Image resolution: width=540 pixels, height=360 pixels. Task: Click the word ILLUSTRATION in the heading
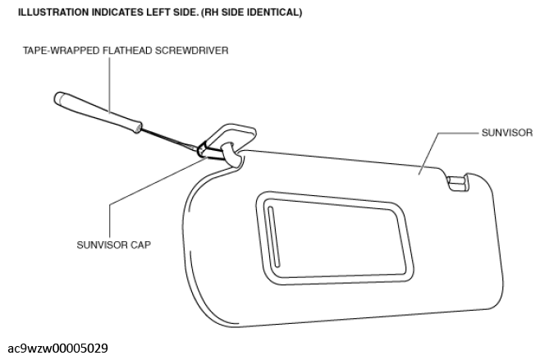point(53,12)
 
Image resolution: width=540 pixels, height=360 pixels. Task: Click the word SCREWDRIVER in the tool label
point(191,51)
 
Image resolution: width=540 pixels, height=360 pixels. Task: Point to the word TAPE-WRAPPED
point(62,51)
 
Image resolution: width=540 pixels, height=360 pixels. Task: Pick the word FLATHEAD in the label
point(127,51)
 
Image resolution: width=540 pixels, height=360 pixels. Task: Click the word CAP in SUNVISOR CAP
point(141,245)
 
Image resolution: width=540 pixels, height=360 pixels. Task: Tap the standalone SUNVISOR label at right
point(507,133)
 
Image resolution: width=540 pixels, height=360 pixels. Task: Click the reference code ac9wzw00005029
point(57,349)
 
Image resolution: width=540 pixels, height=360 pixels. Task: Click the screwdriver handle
point(98,112)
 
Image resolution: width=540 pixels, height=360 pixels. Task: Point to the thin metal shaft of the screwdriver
point(169,139)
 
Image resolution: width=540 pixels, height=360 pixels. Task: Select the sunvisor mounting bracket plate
point(229,137)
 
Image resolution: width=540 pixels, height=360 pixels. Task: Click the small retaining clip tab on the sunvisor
point(458,182)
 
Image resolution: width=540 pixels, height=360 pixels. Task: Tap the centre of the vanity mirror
point(335,238)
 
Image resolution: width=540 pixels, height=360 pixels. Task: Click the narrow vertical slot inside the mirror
point(273,236)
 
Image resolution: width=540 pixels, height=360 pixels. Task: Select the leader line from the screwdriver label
point(109,85)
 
